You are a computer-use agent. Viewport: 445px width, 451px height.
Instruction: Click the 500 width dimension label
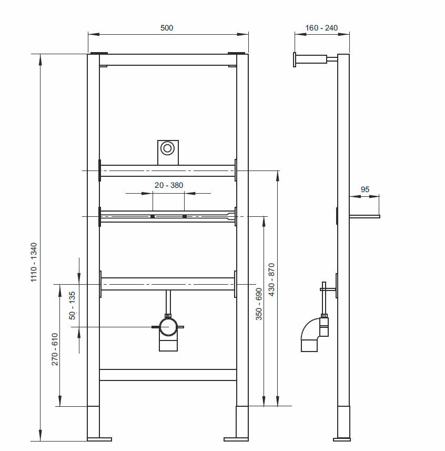(167, 28)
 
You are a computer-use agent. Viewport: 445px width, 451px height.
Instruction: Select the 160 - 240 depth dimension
(321, 28)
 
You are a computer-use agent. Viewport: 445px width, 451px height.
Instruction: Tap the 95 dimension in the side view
(365, 189)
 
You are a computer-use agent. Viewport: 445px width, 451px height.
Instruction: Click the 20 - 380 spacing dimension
(168, 185)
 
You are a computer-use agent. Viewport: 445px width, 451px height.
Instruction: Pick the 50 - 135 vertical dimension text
(73, 305)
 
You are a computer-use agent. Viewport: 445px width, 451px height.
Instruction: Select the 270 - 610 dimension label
(55, 349)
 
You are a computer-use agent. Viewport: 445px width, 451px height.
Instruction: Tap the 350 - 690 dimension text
(259, 304)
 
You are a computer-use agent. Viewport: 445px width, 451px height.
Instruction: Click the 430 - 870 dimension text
(271, 279)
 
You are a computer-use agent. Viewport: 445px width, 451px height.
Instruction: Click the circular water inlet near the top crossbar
(168, 148)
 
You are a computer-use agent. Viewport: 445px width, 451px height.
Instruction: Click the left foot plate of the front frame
(100, 438)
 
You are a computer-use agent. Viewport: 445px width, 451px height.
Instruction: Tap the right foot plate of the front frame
(236, 438)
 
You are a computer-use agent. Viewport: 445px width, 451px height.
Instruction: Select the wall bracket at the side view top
(310, 58)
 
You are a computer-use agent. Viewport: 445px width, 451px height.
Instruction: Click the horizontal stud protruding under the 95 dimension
(364, 216)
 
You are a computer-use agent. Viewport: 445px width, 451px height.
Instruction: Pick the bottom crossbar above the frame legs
(168, 375)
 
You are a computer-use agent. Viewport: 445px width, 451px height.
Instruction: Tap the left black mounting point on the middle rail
(152, 216)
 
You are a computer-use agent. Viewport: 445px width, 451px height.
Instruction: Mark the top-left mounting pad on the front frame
(98, 53)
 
